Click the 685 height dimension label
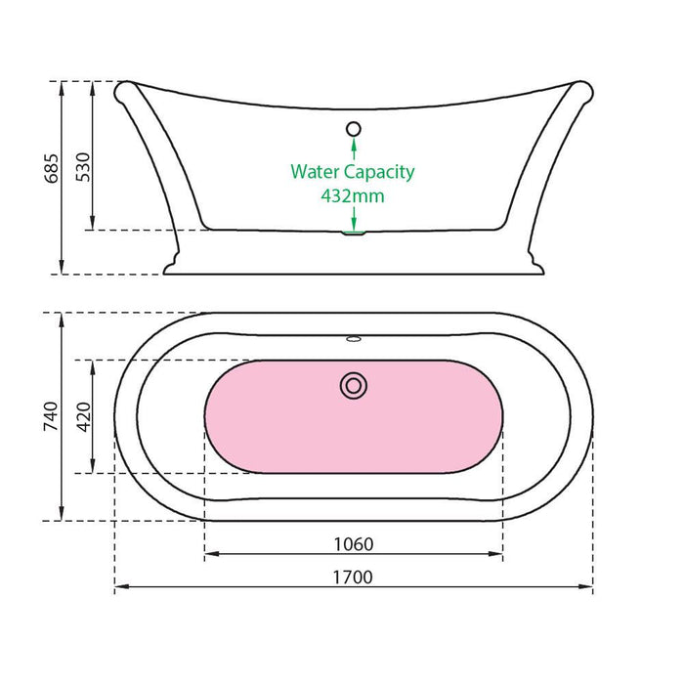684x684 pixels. [x=52, y=168]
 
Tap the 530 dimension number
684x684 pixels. [x=83, y=167]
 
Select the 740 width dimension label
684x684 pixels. [x=51, y=416]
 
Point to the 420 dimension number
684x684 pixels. [x=83, y=416]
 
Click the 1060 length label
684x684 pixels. [x=354, y=544]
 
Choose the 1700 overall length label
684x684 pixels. [x=353, y=577]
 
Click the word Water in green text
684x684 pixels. [x=316, y=171]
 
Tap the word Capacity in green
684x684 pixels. [x=379, y=173]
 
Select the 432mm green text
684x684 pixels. [x=353, y=195]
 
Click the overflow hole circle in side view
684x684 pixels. [x=354, y=129]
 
